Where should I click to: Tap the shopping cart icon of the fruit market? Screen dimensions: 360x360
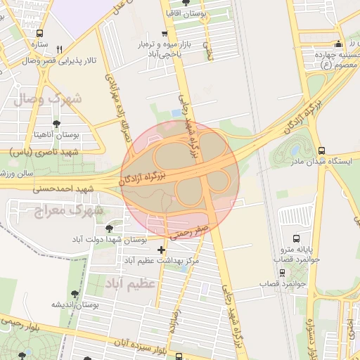pyautogui.click(x=164, y=33)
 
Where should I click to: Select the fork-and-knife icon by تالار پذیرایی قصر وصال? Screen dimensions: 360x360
pyautogui.click(x=60, y=49)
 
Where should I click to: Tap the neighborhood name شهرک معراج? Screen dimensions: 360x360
pyautogui.click(x=70, y=209)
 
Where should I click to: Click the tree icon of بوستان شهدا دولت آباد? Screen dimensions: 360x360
pyautogui.click(x=108, y=229)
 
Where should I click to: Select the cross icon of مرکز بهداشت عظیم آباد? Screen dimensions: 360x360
pyautogui.click(x=162, y=250)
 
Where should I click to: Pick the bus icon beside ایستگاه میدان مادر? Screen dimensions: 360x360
pyautogui.click(x=321, y=150)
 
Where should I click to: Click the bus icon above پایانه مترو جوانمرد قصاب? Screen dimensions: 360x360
pyautogui.click(x=295, y=238)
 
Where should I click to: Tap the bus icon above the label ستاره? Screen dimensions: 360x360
pyautogui.click(x=39, y=33)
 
